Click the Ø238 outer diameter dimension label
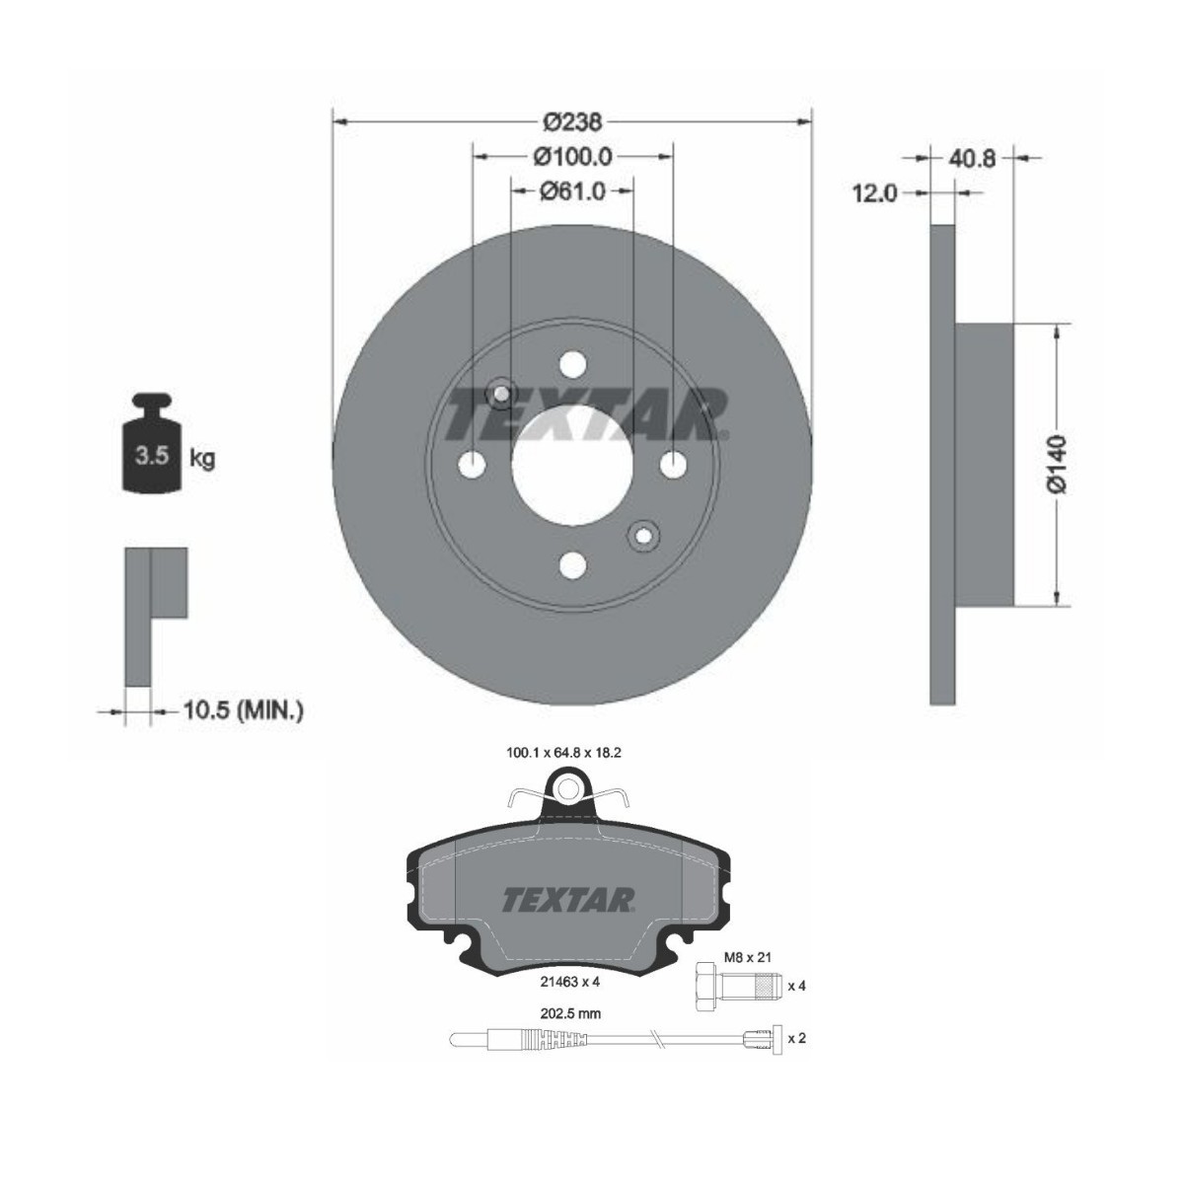click(572, 123)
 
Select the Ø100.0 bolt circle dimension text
click(572, 157)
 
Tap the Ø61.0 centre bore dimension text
click(572, 191)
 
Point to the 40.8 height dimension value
click(972, 159)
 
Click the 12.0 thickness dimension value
click(874, 194)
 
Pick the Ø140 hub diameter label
click(1057, 465)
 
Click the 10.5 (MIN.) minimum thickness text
click(244, 711)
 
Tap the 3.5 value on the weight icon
click(152, 456)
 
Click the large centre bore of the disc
click(572, 465)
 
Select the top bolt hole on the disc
click(572, 365)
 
